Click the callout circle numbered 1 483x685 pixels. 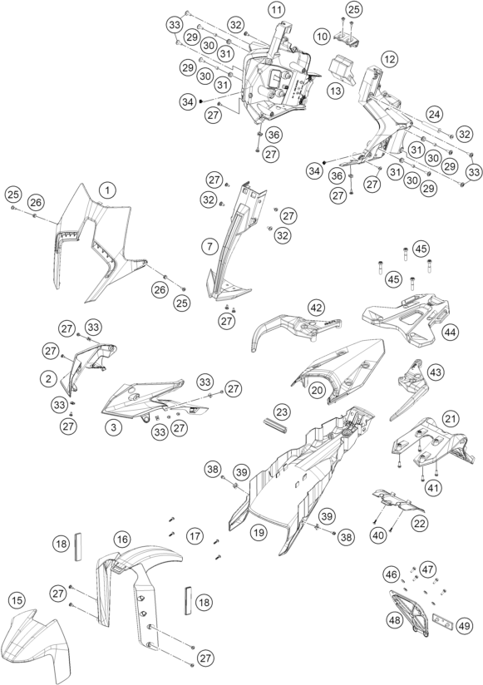107,190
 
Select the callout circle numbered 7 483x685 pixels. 209,246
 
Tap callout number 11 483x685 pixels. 276,10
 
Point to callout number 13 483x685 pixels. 335,91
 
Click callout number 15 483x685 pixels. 17,601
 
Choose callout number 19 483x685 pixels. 259,533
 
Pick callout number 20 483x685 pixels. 317,389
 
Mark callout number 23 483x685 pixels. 282,411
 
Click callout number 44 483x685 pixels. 450,333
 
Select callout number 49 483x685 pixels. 464,626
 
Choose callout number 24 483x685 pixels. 435,114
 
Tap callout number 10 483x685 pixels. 322,37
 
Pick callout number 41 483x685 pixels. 434,487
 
